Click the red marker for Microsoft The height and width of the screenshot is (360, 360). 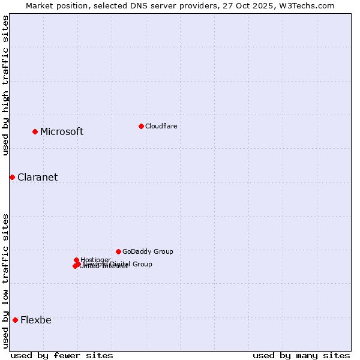coord(35,131)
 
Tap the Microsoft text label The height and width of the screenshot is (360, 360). coord(62,132)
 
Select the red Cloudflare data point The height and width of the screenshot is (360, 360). coord(141,126)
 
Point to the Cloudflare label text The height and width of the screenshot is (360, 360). coord(161,126)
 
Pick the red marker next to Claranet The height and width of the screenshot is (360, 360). coord(12,177)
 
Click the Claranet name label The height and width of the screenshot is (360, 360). coord(37,178)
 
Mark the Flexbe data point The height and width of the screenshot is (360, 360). coord(15,320)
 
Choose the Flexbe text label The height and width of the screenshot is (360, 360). coord(35,320)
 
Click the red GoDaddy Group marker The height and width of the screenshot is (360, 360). coord(118,251)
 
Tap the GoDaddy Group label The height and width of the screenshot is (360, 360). coord(148,252)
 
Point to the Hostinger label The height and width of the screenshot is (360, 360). coord(96,260)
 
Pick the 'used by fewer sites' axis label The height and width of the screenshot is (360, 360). coord(62,355)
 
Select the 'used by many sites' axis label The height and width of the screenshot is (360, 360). coord(301,355)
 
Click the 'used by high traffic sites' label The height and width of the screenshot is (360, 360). coord(5,85)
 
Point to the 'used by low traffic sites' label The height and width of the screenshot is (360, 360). coord(5,280)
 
